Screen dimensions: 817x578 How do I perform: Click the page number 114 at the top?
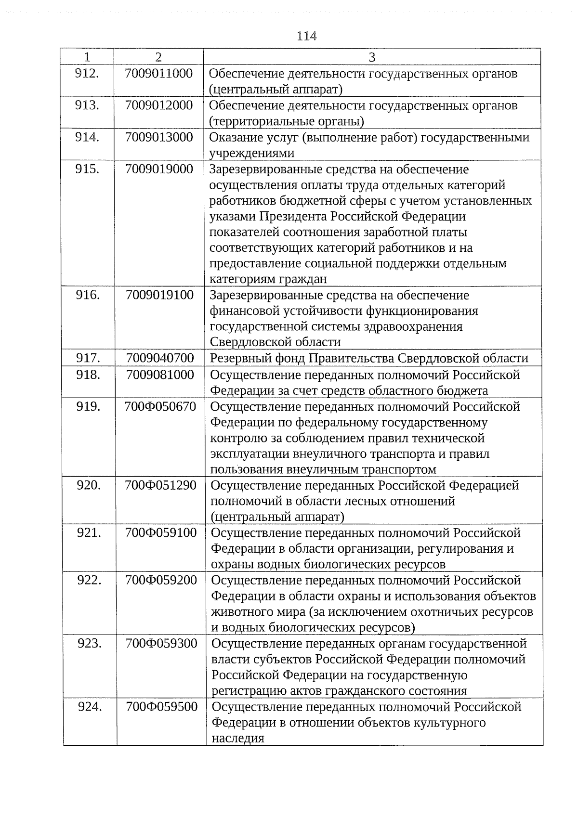[x=306, y=36]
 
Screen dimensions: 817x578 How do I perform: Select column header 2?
[x=158, y=57]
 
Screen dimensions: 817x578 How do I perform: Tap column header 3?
[x=372, y=57]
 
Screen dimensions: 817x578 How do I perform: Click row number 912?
[x=87, y=74]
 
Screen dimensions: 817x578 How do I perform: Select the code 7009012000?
[x=158, y=105]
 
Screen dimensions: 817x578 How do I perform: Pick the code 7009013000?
[x=158, y=137]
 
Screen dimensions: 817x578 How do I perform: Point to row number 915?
[x=87, y=169]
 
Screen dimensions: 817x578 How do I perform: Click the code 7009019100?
[x=159, y=295]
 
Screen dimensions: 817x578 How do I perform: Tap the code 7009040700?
[x=160, y=358]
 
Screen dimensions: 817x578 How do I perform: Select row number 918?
[x=88, y=375]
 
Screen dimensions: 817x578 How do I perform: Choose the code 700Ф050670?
[x=160, y=407]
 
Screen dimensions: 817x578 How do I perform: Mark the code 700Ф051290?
[x=160, y=485]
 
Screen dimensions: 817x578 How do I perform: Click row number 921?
[x=89, y=532]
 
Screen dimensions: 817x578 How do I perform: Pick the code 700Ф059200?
[x=161, y=580]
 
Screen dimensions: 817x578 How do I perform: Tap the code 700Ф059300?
[x=161, y=643]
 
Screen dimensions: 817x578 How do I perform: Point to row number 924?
[x=90, y=707]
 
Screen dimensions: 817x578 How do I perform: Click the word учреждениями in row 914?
[x=251, y=154]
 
